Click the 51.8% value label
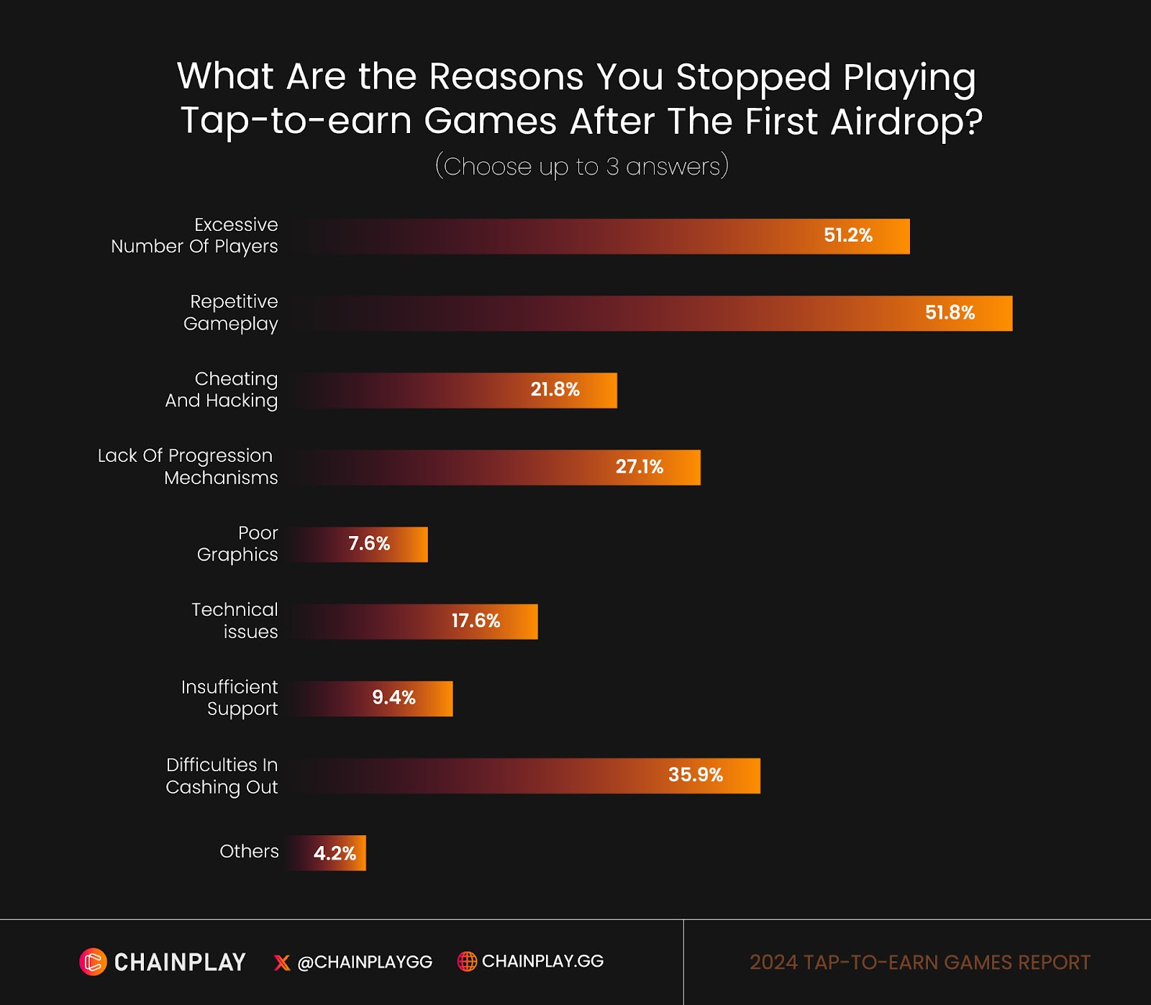pos(950,313)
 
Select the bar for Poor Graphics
pos(360,545)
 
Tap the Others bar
pos(327,853)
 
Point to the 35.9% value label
pos(695,775)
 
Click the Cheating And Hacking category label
pos(222,389)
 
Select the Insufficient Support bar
pos(372,699)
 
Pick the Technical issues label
pos(235,620)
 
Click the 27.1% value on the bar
pos(639,467)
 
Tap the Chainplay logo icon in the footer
pos(93,962)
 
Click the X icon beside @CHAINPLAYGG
pos(282,963)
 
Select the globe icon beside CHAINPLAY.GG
pos(467,961)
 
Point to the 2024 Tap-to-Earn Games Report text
pos(919,963)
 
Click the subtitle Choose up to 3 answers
pos(581,166)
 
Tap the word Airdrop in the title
pos(906,121)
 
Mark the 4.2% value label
pos(335,854)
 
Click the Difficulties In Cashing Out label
pos(222,776)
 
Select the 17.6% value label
pos(476,621)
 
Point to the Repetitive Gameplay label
pos(231,312)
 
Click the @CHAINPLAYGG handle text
pos(365,963)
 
